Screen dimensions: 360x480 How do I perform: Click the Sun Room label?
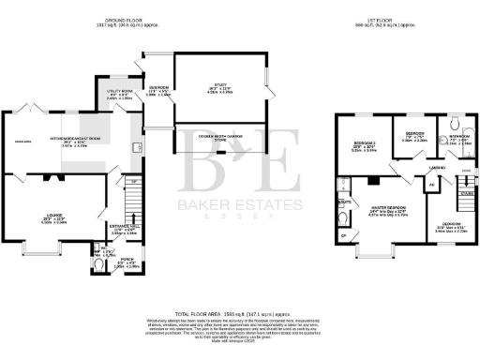click(160, 90)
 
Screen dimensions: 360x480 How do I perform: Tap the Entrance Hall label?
click(126, 225)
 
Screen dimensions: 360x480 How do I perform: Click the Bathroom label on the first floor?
click(458, 136)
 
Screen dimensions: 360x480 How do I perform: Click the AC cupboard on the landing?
click(431, 184)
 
